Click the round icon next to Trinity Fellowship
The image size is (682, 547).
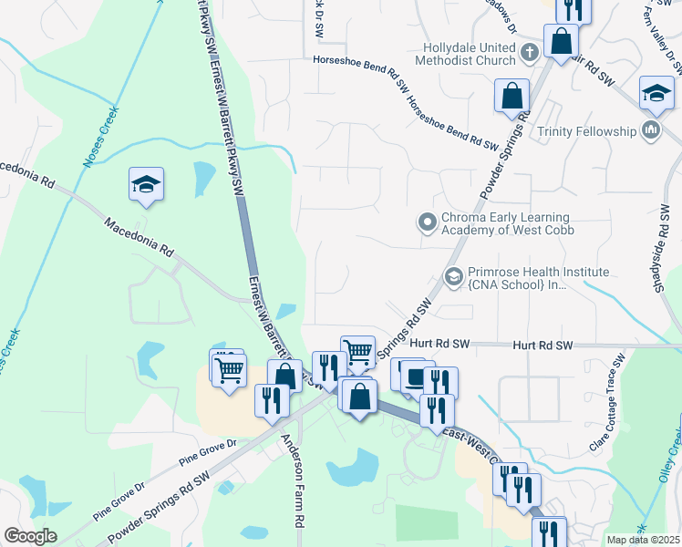651,131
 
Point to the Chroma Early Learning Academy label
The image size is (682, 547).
505,223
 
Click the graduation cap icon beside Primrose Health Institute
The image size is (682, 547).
453,275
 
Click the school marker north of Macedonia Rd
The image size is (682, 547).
146,184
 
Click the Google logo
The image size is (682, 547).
31,536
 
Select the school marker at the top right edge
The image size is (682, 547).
656,93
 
